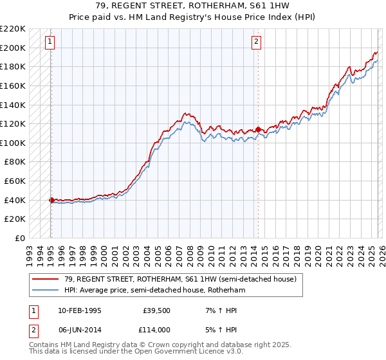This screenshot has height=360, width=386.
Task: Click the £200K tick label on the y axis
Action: [x=13, y=48]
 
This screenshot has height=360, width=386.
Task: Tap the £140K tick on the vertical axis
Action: [x=13, y=105]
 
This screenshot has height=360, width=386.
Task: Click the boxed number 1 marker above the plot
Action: [x=50, y=42]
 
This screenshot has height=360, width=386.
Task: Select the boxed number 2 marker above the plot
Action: [x=256, y=42]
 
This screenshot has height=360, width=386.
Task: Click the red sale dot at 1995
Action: [x=51, y=200]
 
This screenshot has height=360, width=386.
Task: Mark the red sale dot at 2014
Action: [x=258, y=129]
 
